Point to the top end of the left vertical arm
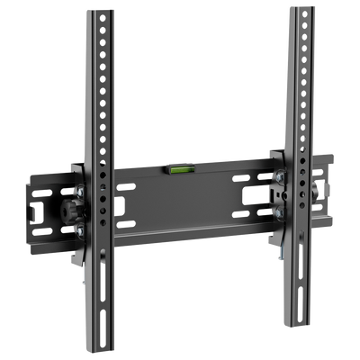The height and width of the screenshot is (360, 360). coord(92,12)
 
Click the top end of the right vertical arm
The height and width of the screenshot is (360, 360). coord(300,9)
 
